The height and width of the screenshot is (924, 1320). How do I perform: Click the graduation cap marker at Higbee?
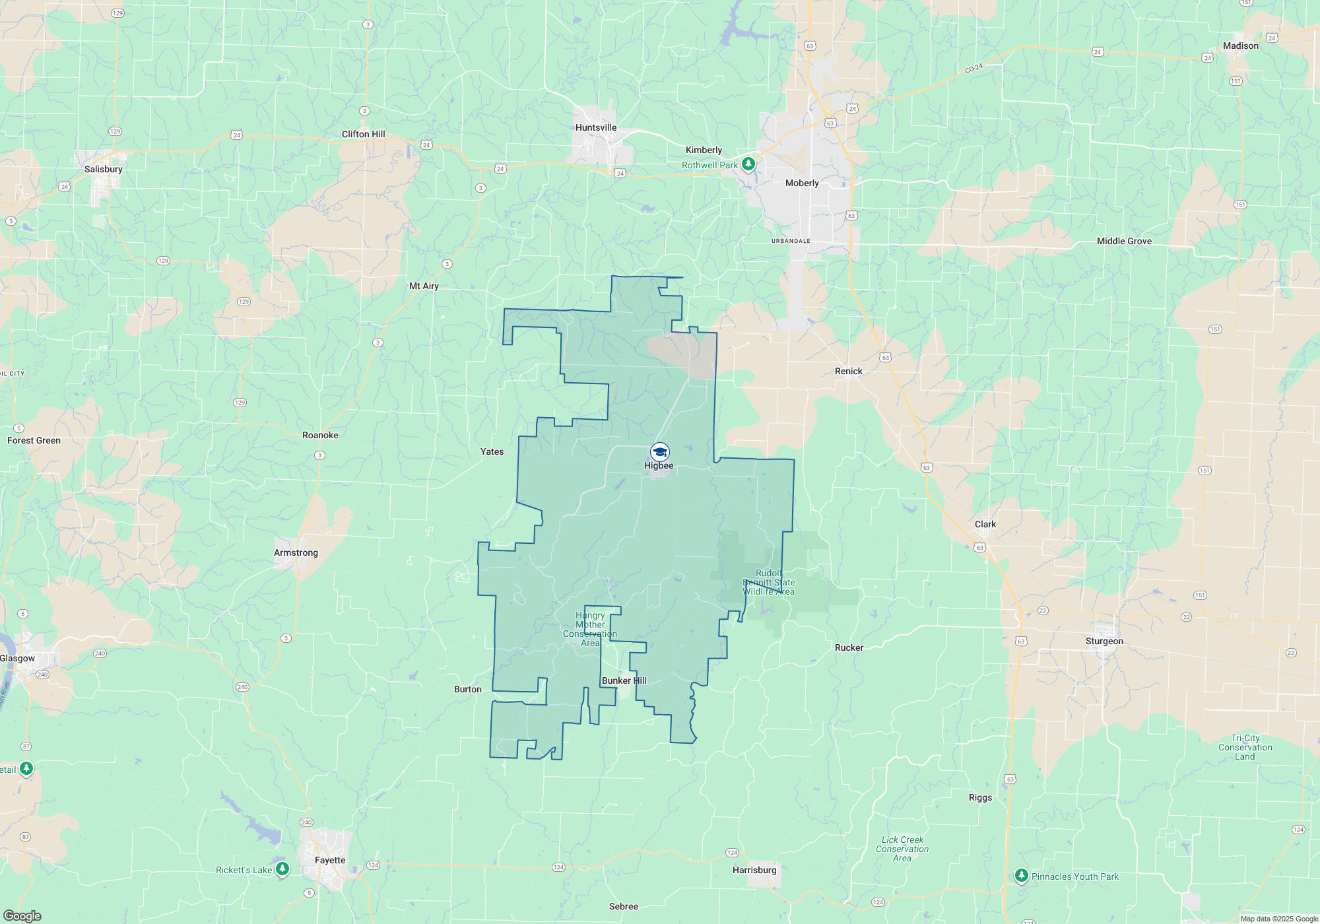(x=659, y=452)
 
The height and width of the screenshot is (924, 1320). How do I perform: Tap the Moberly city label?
(x=802, y=183)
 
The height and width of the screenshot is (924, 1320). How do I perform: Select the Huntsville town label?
(x=595, y=127)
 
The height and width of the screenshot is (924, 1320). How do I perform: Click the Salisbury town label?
(x=104, y=169)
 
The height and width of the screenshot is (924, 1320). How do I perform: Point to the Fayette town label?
(x=330, y=860)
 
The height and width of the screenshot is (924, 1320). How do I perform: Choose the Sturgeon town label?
(x=1104, y=641)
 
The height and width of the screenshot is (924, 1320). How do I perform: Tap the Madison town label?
(x=1240, y=46)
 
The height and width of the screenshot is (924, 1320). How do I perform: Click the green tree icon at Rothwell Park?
(x=748, y=164)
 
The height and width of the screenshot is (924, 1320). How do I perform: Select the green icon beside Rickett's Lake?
(x=282, y=869)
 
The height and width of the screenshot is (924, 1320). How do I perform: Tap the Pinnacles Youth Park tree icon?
(x=1021, y=876)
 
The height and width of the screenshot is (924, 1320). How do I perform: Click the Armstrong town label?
(x=296, y=552)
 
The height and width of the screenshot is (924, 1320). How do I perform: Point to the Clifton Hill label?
(x=363, y=134)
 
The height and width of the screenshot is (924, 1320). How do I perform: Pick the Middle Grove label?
(x=1124, y=241)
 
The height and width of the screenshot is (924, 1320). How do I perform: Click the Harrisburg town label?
(x=754, y=870)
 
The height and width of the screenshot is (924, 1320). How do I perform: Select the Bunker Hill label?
(x=624, y=680)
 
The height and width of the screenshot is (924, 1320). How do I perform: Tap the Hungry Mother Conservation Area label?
(x=590, y=629)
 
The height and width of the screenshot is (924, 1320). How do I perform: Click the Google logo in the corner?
(x=22, y=915)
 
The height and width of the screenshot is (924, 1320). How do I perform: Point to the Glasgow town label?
(x=18, y=658)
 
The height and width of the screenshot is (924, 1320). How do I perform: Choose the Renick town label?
(x=848, y=371)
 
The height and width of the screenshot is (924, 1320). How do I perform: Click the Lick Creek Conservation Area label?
(x=902, y=849)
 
